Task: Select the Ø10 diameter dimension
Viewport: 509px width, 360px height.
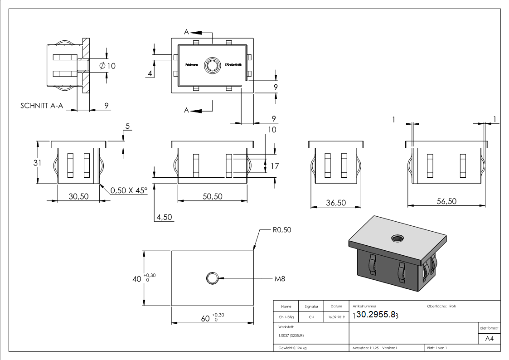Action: (107, 66)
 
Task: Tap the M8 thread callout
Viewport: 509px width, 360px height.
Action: (280, 278)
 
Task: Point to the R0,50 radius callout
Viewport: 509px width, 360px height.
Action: (282, 230)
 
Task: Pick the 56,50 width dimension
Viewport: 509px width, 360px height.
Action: (446, 201)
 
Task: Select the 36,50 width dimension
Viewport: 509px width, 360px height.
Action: (336, 203)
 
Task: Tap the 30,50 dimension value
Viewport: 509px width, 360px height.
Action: (78, 196)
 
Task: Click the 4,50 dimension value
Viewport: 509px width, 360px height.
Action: (164, 217)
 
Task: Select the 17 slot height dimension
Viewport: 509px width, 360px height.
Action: (275, 166)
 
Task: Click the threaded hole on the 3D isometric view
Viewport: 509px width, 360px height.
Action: (399, 238)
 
